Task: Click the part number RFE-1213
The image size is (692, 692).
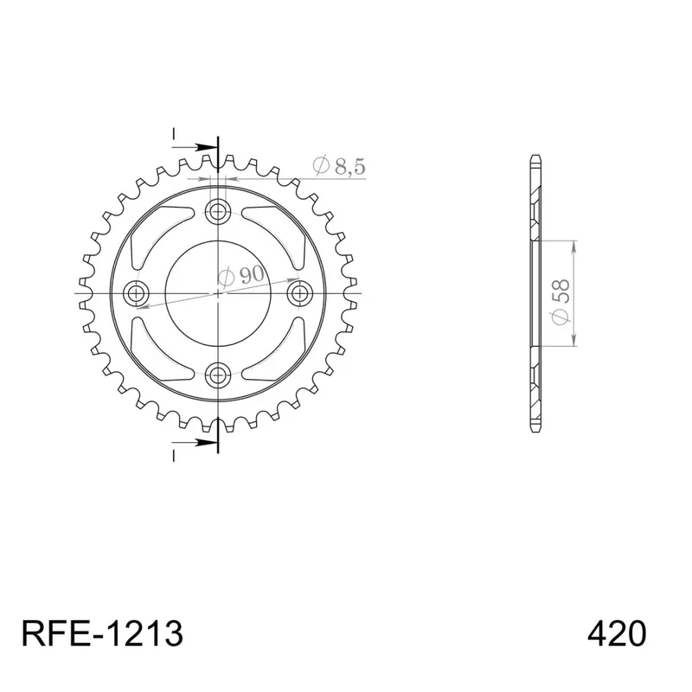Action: pyautogui.click(x=102, y=633)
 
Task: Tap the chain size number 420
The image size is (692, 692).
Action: pyautogui.click(x=617, y=633)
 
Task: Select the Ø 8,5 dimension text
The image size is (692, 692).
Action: pyautogui.click(x=339, y=165)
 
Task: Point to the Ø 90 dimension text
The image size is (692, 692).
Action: pyautogui.click(x=241, y=275)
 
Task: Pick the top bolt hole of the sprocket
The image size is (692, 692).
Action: pyautogui.click(x=218, y=211)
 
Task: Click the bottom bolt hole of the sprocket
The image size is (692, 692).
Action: pyautogui.click(x=218, y=375)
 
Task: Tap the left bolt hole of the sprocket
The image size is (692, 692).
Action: pyautogui.click(x=137, y=293)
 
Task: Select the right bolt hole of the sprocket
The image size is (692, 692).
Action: pyautogui.click(x=300, y=293)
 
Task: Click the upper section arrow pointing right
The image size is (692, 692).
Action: pyautogui.click(x=195, y=147)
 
